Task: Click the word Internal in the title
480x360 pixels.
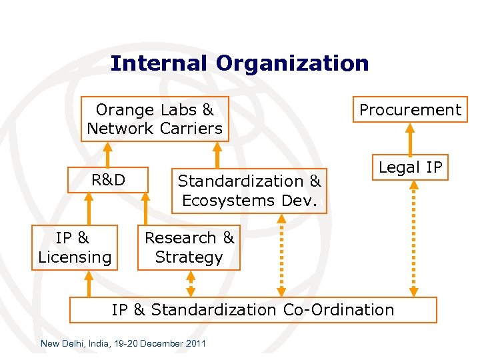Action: (x=159, y=63)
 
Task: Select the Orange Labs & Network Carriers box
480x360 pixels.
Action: (x=155, y=119)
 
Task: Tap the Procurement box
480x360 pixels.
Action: (x=410, y=110)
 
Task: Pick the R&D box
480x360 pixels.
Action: (x=108, y=179)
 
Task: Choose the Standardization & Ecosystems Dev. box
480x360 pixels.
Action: (x=249, y=190)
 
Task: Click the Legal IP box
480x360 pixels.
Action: (x=410, y=168)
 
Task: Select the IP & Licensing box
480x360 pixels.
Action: (x=75, y=247)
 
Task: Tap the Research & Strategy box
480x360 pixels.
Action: (x=189, y=247)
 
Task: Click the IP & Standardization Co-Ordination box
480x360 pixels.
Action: (x=253, y=310)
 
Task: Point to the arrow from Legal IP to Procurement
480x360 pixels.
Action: (x=410, y=139)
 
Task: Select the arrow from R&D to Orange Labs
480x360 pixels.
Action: (x=109, y=154)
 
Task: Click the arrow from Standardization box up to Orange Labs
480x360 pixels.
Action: (x=217, y=154)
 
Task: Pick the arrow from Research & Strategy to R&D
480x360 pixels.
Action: (x=147, y=208)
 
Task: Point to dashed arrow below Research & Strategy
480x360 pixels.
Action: (x=191, y=284)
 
